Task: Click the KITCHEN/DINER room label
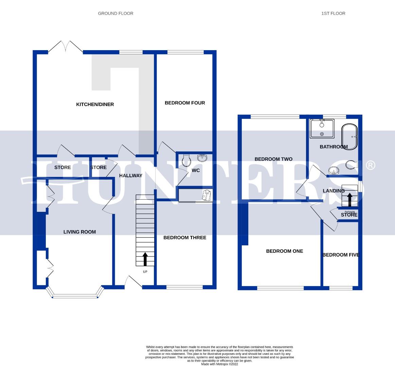[95, 104]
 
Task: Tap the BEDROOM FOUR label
[185, 103]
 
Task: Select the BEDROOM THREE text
[185, 238]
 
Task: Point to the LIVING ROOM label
[79, 232]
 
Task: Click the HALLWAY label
[131, 176]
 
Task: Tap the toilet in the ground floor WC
[186, 160]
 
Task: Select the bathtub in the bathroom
[349, 137]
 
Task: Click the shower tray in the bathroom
[322, 128]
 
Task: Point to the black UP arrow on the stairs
[145, 259]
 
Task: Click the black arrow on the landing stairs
[349, 199]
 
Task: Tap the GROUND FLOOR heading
[115, 14]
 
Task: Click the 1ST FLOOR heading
[333, 14]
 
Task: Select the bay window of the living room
[75, 294]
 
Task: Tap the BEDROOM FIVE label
[341, 255]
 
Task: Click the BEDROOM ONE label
[284, 251]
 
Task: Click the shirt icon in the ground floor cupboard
[207, 195]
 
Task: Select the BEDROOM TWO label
[273, 159]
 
